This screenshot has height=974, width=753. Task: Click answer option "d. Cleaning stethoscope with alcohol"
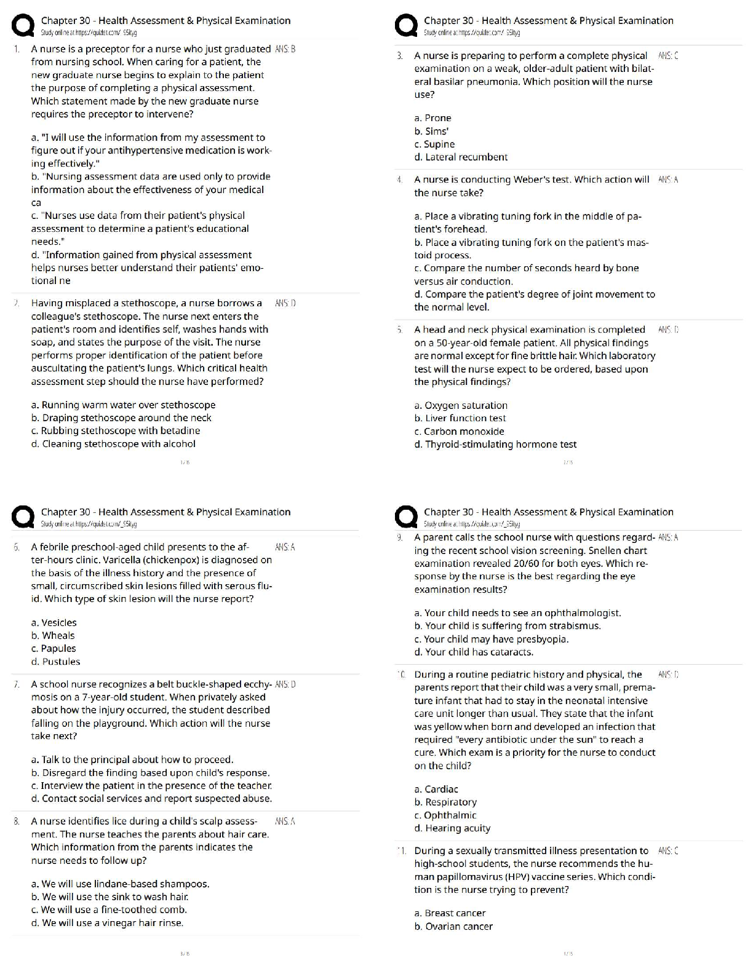coord(113,444)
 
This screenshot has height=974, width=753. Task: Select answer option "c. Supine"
coord(434,145)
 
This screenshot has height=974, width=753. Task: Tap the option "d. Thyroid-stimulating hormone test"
coord(495,445)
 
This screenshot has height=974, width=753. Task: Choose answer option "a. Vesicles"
coord(54,623)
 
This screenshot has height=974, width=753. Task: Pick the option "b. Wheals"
coord(53,636)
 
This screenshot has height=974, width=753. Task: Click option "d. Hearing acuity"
coord(452,828)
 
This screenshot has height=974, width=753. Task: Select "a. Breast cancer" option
coord(450,914)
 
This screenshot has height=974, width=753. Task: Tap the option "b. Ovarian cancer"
coord(453,927)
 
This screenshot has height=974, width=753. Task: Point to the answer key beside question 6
coord(285,547)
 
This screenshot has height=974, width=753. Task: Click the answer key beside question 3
coord(667,56)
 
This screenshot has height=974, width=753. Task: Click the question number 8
coord(17,822)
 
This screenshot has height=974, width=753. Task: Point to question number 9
coord(400,537)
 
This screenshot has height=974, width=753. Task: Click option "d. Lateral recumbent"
coord(461,157)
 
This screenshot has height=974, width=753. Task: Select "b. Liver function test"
coord(460,418)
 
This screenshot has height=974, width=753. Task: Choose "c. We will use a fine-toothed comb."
coord(109,910)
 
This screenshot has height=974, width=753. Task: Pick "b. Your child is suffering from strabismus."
coord(508,626)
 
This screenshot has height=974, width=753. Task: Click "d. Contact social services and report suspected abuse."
coord(151,799)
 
